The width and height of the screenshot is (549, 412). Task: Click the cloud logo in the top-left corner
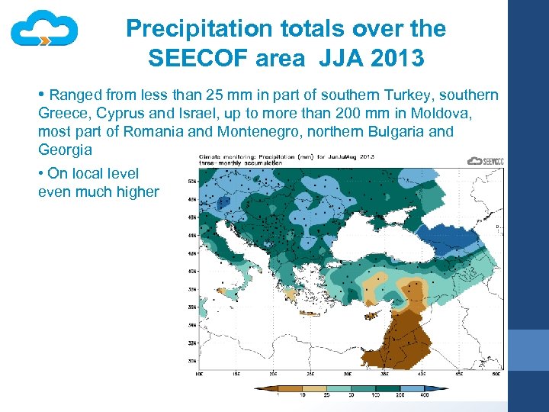(x=44, y=31)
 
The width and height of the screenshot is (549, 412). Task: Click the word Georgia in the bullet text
(x=65, y=150)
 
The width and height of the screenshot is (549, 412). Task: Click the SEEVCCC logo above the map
(x=485, y=161)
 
